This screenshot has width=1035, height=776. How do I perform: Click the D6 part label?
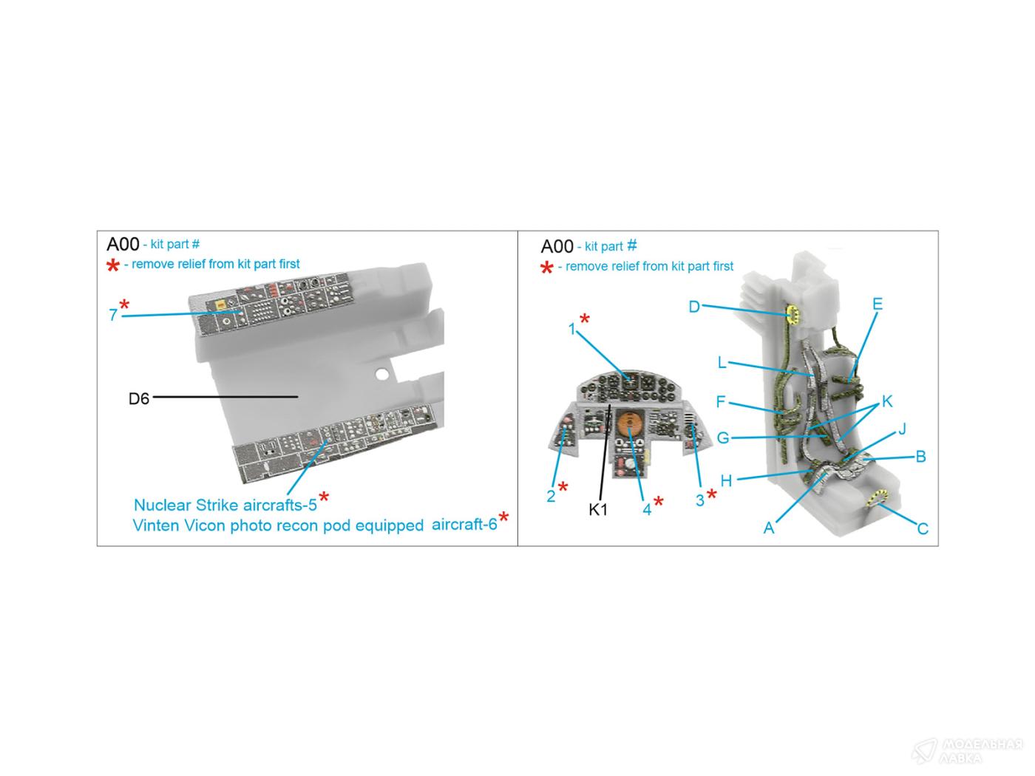click(x=139, y=399)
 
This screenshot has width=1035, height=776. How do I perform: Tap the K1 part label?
click(x=598, y=509)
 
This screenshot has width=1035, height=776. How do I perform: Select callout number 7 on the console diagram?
click(x=113, y=315)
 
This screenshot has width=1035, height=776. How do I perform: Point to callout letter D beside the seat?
click(x=694, y=307)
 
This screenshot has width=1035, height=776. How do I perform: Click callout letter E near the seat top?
click(x=877, y=304)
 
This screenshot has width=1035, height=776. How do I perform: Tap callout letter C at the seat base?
click(x=923, y=528)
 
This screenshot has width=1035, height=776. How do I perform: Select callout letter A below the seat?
click(x=769, y=528)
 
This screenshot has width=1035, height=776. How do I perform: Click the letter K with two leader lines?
click(x=887, y=401)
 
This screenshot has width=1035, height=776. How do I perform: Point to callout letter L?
click(x=722, y=362)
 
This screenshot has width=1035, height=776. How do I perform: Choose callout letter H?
click(x=726, y=480)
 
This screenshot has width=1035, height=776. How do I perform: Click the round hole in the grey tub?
click(x=382, y=375)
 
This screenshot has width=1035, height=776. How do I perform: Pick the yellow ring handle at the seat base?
click(x=877, y=497)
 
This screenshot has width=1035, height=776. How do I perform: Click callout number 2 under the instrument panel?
click(x=551, y=496)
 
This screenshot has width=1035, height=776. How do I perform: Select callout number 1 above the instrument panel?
click(x=572, y=329)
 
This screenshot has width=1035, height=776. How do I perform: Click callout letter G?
click(x=723, y=438)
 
